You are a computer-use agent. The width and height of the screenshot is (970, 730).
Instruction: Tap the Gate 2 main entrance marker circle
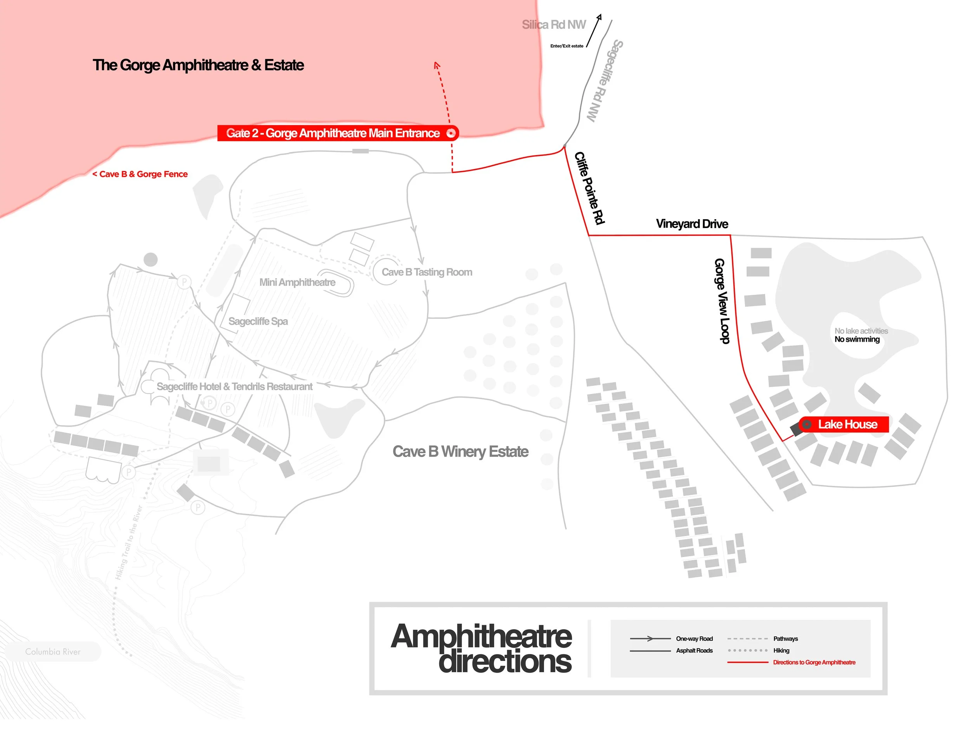tap(450, 133)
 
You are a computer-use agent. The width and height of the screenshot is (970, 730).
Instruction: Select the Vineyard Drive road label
tap(691, 224)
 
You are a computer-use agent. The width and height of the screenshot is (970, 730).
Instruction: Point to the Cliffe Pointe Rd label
tap(589, 188)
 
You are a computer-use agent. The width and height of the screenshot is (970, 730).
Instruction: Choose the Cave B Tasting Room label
tap(427, 272)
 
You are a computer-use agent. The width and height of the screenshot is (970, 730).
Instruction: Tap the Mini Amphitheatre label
tap(297, 282)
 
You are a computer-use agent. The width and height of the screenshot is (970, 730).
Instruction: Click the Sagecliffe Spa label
tap(258, 322)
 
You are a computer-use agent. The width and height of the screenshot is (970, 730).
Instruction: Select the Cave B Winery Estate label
tap(460, 451)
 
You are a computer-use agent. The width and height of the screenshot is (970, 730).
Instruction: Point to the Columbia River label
tap(53, 652)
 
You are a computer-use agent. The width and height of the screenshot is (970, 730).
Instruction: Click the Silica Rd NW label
tap(553, 25)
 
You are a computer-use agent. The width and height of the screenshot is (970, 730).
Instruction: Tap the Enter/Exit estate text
tap(566, 46)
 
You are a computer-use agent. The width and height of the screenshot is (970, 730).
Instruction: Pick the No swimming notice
tap(857, 339)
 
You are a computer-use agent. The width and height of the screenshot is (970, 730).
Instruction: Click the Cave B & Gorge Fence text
tap(140, 175)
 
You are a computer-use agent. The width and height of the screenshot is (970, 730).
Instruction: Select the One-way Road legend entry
tap(694, 639)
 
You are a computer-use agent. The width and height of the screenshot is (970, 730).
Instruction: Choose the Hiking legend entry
tap(781, 650)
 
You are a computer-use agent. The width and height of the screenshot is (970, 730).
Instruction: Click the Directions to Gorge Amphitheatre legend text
tap(814, 663)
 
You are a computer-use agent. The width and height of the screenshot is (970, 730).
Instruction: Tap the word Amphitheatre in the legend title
tap(481, 637)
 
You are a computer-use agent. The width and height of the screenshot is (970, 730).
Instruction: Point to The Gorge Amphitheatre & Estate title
tap(198, 65)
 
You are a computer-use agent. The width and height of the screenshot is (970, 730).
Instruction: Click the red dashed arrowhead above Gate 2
tap(436, 66)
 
